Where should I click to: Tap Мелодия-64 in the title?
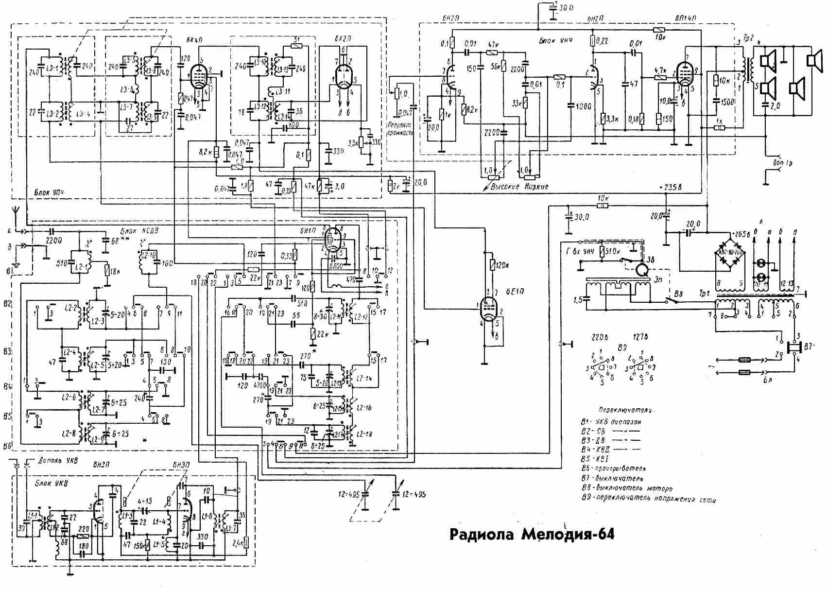point(568,535)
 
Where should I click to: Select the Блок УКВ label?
point(52,484)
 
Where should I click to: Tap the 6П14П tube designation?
point(685,18)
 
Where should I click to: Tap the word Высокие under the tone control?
point(507,187)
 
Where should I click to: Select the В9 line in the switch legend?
point(649,499)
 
